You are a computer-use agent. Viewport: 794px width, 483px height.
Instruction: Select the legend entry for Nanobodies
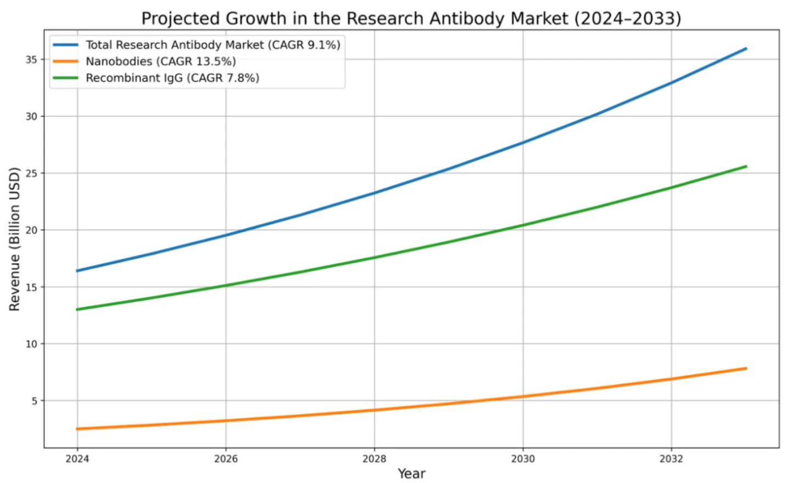click(x=160, y=61)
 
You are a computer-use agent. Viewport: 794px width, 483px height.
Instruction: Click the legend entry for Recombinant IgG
click(x=172, y=78)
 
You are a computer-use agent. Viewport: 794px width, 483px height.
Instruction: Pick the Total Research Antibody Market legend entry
click(x=213, y=45)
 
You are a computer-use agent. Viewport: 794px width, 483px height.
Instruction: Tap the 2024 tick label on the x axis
click(x=77, y=459)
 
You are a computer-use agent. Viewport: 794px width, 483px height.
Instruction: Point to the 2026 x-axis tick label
click(x=226, y=459)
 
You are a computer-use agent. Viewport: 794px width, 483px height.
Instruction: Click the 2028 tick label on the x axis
click(x=375, y=459)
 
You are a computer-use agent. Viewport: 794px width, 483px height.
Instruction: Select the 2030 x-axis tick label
click(x=523, y=459)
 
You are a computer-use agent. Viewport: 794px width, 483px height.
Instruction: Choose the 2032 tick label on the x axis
click(x=671, y=459)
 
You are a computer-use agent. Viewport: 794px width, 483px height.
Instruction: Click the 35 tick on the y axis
click(x=31, y=59)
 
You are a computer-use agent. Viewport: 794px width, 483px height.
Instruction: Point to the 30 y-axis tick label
click(x=31, y=116)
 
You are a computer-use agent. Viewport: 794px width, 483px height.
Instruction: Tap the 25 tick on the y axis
click(x=31, y=173)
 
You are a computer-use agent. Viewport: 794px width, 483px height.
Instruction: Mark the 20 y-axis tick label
click(x=31, y=230)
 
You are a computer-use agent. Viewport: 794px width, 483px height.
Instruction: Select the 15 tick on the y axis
click(x=31, y=287)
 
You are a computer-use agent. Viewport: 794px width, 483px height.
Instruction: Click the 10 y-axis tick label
click(x=31, y=344)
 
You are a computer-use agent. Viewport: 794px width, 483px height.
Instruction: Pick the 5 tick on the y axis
click(x=34, y=401)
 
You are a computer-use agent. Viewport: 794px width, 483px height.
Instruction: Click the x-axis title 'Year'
click(x=411, y=474)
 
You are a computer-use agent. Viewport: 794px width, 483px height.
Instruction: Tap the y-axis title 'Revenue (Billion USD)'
click(x=14, y=239)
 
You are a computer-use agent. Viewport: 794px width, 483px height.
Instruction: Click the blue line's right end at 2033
click(x=746, y=49)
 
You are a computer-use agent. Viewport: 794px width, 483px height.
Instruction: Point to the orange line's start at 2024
click(x=77, y=429)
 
